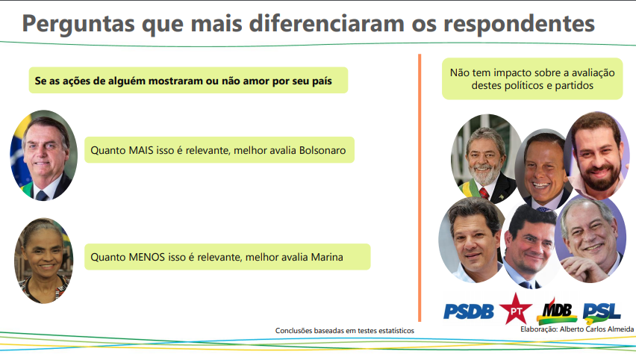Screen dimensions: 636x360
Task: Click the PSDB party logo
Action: tap(469, 311)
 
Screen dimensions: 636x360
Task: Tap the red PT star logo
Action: tap(516, 309)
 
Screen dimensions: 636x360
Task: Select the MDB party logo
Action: tap(557, 311)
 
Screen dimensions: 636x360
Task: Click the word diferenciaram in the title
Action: tap(326, 24)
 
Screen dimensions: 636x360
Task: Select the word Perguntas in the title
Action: tap(78, 25)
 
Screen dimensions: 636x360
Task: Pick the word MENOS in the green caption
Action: tap(147, 257)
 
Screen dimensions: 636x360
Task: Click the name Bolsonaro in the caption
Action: tap(322, 150)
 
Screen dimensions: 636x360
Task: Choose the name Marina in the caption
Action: tap(327, 257)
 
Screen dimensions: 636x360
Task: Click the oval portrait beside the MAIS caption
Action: tap(44, 155)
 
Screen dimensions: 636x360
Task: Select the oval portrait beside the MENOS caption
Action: tap(44, 261)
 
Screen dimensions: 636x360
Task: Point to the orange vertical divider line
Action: tap(420, 187)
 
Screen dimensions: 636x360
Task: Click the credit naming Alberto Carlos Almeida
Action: tap(577, 329)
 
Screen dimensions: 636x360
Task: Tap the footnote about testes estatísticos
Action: tap(345, 331)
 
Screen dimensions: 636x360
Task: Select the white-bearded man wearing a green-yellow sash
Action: tap(486, 158)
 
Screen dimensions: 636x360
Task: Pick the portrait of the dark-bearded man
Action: tap(597, 156)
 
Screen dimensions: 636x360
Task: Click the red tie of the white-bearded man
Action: tap(484, 193)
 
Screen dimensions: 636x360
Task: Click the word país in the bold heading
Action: tap(322, 81)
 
